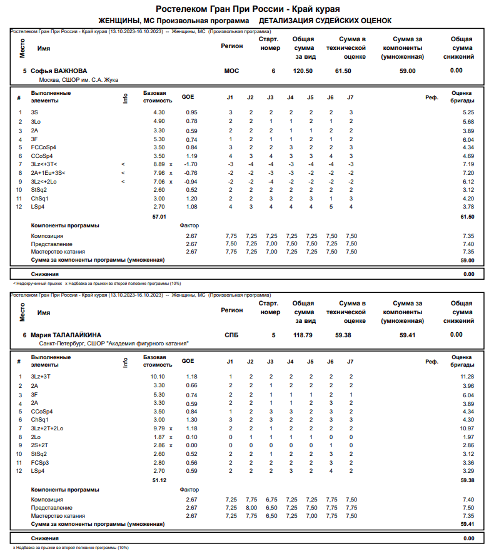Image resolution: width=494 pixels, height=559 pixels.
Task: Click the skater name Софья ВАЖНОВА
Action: point(59,71)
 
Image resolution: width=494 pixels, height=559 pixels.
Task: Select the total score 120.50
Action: point(303,71)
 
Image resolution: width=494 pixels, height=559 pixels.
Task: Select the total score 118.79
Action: point(303,335)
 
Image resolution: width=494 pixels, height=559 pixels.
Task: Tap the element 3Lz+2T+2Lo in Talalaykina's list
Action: point(47,428)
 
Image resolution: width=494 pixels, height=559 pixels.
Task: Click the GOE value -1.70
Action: point(191,164)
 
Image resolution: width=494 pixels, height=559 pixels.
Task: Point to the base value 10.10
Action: point(158,377)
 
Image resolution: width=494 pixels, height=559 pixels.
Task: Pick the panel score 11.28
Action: point(467,377)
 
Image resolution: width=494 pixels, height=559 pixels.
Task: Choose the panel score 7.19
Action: point(468,164)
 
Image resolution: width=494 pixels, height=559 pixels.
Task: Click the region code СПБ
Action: point(231,335)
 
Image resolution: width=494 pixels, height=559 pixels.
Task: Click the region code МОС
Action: point(231,71)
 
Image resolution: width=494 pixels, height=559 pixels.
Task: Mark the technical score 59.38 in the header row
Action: point(343,335)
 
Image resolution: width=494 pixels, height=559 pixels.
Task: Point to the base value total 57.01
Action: point(159,217)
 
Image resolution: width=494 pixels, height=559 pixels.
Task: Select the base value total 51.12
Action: point(159,480)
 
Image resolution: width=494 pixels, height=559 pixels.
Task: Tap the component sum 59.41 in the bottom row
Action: point(467,524)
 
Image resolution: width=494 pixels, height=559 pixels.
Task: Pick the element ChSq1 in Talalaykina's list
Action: point(40,420)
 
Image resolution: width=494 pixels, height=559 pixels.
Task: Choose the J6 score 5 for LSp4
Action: point(330,207)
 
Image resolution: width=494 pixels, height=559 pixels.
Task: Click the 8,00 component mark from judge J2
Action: point(251,508)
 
